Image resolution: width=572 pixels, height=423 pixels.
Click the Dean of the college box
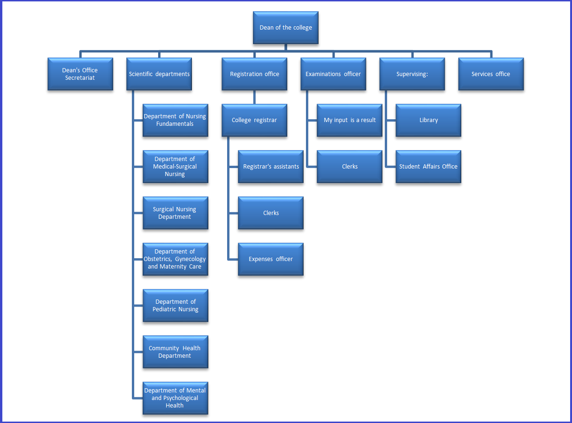[x=286, y=28]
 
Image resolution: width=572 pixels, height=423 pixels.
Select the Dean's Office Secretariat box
[x=80, y=74]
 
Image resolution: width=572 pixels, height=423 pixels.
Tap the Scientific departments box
[x=159, y=74]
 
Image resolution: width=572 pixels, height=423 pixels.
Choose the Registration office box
[x=254, y=74]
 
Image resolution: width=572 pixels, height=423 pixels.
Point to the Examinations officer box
[x=333, y=74]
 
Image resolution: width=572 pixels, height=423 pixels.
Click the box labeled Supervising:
[x=412, y=74]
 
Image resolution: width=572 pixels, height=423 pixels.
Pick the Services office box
[x=491, y=74]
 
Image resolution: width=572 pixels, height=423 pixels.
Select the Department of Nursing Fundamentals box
[x=175, y=120]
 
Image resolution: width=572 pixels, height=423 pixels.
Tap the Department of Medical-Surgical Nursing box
[x=175, y=167]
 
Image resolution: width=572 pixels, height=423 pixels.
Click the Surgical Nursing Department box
[x=175, y=213]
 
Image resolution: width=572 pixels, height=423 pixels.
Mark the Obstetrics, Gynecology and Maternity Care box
[x=175, y=259]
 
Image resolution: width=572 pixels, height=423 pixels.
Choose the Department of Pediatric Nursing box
[x=175, y=306]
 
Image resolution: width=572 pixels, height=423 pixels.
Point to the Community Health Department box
[x=175, y=352]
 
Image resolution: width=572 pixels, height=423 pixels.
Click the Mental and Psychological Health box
[x=175, y=398]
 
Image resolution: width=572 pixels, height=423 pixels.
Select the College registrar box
[x=254, y=120]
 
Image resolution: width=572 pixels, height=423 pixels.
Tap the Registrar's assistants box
[x=271, y=167]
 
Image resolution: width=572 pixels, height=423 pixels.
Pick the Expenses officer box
[x=271, y=259]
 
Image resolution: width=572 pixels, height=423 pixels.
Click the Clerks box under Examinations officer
[x=350, y=167]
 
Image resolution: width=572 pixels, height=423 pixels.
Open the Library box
[x=428, y=120]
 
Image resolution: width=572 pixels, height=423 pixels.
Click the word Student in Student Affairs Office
[x=410, y=167]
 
